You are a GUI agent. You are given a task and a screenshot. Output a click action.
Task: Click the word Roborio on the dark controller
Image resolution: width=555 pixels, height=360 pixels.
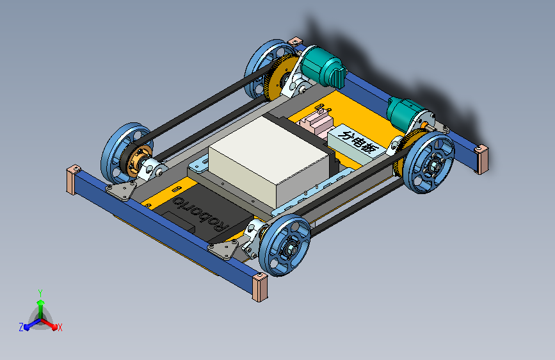(x=200, y=214)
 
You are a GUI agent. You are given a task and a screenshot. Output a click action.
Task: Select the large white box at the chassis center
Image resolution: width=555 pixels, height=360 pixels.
(x=271, y=161)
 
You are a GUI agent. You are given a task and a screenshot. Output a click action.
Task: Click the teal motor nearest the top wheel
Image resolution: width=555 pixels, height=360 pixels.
(x=323, y=68)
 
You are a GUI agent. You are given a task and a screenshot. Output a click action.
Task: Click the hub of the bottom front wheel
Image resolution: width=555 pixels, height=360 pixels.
(x=289, y=249)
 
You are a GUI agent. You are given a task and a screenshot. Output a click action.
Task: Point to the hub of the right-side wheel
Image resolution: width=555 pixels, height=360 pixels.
(x=433, y=165)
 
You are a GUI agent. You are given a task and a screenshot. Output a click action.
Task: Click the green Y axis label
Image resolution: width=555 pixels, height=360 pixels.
(x=40, y=293)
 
